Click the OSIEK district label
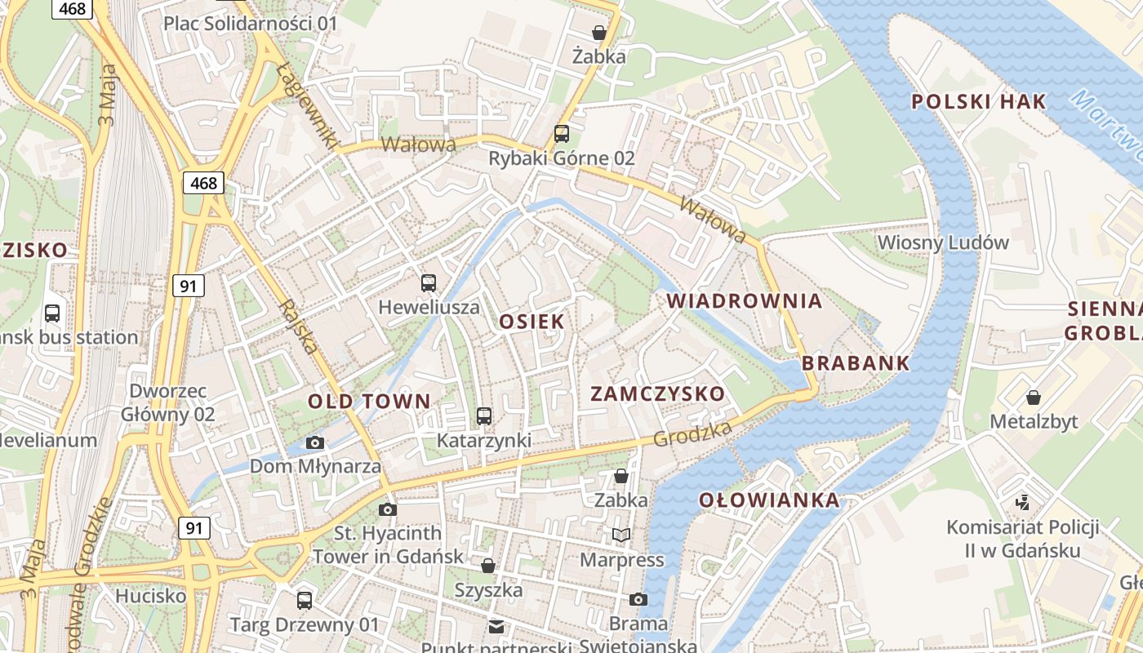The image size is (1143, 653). pos(531,322)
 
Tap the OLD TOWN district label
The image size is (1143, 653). pos(369,401)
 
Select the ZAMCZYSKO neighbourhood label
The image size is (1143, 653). pos(657,393)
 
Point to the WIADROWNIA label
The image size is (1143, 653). pos(745,300)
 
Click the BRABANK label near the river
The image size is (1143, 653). pos(856,363)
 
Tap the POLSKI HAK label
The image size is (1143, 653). pos(978,102)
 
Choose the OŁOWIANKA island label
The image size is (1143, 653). pos(769,500)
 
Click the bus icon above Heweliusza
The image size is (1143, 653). pos(429,283)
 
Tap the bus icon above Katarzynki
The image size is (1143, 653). pos(484,416)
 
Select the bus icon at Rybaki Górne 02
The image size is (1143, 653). pos(562,134)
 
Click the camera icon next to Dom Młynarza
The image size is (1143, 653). pos(315,443)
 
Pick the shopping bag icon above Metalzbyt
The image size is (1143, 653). pos(1034,398)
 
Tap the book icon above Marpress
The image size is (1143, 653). pos(621,535)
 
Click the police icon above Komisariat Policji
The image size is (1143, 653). pos(1022,502)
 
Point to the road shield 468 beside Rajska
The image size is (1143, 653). pos(203,183)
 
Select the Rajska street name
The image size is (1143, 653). pos(299,326)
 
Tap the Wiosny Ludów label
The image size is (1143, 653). pos(943,242)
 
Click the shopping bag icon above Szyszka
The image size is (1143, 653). pos(488,565)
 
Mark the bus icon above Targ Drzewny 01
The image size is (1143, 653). pos(305,601)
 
